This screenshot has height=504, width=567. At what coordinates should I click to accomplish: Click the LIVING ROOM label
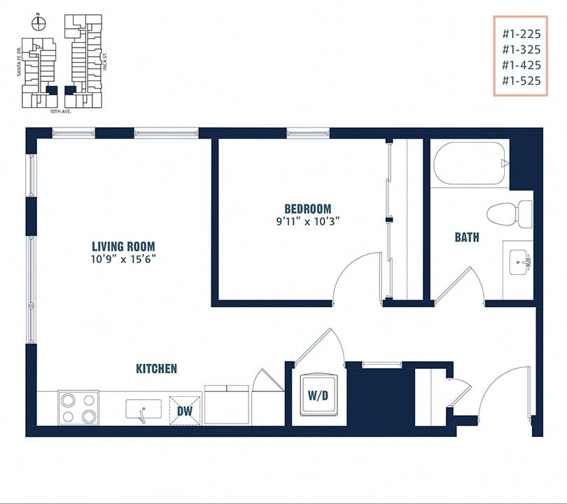[x=123, y=246]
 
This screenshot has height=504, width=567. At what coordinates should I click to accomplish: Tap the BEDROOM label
[x=307, y=209]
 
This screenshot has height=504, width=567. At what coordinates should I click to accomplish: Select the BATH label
[x=467, y=237]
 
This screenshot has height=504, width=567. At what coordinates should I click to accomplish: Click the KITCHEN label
[x=156, y=368]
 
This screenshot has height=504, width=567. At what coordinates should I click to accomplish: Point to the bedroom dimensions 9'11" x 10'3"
[x=307, y=222]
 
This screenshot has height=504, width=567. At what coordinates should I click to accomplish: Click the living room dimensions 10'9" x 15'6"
[x=123, y=259]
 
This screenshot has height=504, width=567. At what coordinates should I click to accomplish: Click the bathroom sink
[x=517, y=262]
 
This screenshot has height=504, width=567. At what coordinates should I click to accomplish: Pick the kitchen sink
[x=143, y=409]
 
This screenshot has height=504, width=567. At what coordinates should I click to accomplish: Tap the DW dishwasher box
[x=185, y=411]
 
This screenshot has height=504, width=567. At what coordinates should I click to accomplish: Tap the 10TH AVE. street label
[x=61, y=111]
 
